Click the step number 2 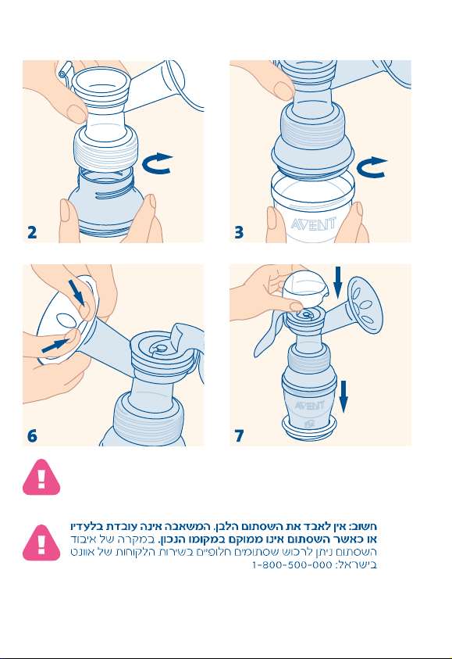point(32,232)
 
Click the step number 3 point(239,232)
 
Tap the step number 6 point(32,435)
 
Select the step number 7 point(239,435)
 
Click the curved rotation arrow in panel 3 point(371,168)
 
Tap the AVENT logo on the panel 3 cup point(314,224)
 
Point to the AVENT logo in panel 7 point(309,406)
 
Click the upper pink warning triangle point(41,478)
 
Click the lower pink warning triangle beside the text point(41,543)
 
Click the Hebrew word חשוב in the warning point(365,527)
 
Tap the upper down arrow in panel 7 point(338,283)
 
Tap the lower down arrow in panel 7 point(343,396)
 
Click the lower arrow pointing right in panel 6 point(55,346)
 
